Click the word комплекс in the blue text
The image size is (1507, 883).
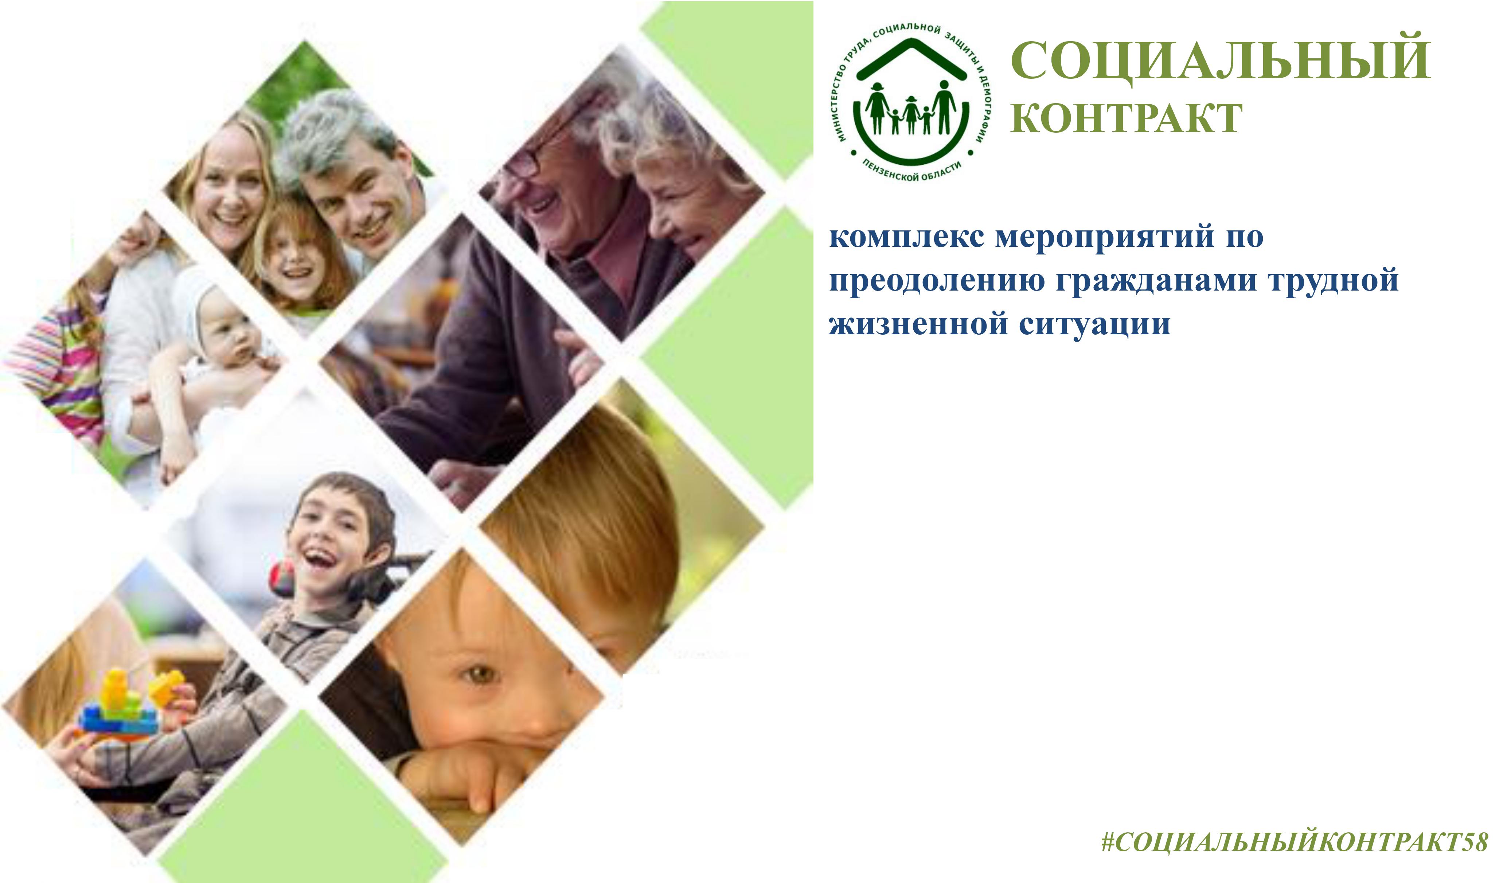(x=906, y=237)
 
